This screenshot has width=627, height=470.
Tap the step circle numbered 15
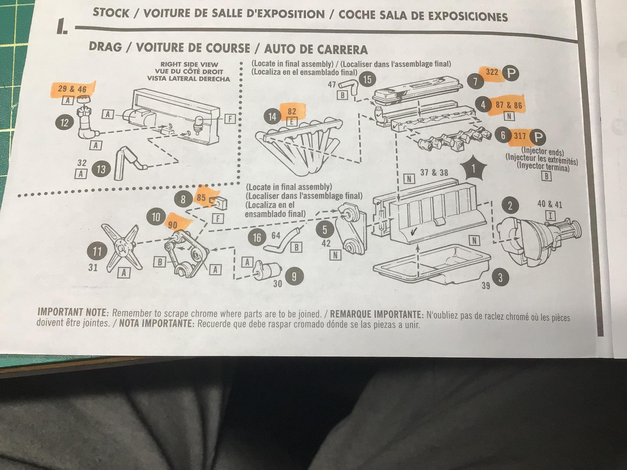point(367,80)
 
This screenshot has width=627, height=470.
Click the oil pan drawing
point(431,265)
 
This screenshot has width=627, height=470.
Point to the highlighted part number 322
point(492,72)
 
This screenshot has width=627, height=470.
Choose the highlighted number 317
point(520,136)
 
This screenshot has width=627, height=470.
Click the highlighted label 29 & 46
point(72,89)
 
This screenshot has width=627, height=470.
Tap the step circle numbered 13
point(101,170)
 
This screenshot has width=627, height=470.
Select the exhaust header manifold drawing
point(298,144)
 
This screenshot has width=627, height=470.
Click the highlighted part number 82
point(292,111)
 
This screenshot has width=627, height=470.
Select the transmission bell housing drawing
point(533,244)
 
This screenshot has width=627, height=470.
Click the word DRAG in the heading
point(105,47)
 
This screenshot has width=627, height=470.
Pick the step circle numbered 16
point(257,238)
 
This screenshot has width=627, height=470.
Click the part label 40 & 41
point(550,204)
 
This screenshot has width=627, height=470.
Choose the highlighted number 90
point(173,225)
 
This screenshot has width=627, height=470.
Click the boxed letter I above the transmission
point(550,216)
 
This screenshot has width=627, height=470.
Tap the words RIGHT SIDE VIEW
point(189,65)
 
